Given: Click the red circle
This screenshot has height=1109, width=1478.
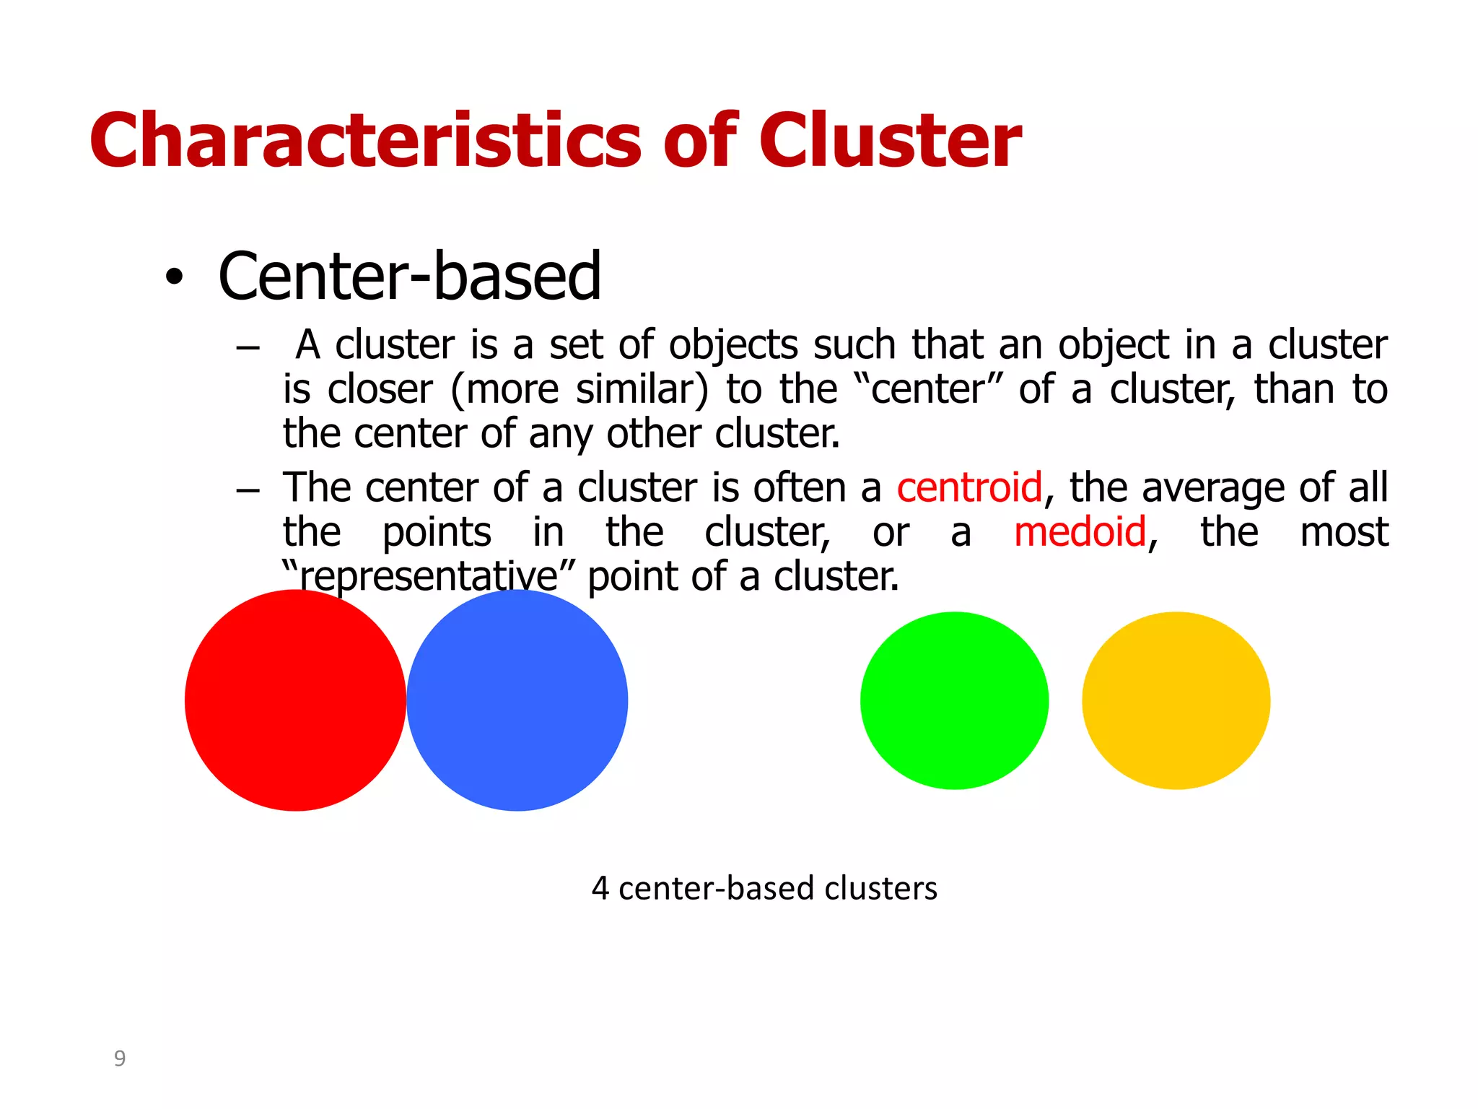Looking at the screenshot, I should click(295, 700).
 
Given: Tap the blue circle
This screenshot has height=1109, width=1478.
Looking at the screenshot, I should click(517, 700).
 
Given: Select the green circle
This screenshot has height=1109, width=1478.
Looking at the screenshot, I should click(954, 700).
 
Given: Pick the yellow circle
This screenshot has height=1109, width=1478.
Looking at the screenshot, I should click(1176, 700).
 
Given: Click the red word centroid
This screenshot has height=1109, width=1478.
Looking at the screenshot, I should click(969, 487).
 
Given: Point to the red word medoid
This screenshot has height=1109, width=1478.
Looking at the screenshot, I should click(1080, 532).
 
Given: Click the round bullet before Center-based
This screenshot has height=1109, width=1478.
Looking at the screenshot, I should click(174, 277).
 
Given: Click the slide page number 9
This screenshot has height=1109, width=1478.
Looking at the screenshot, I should click(120, 1058).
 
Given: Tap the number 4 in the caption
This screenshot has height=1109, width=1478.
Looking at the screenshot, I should click(600, 888).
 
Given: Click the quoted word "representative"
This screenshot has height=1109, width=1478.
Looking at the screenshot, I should click(429, 576).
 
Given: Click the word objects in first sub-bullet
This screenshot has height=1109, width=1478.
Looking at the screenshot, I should click(733, 345).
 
